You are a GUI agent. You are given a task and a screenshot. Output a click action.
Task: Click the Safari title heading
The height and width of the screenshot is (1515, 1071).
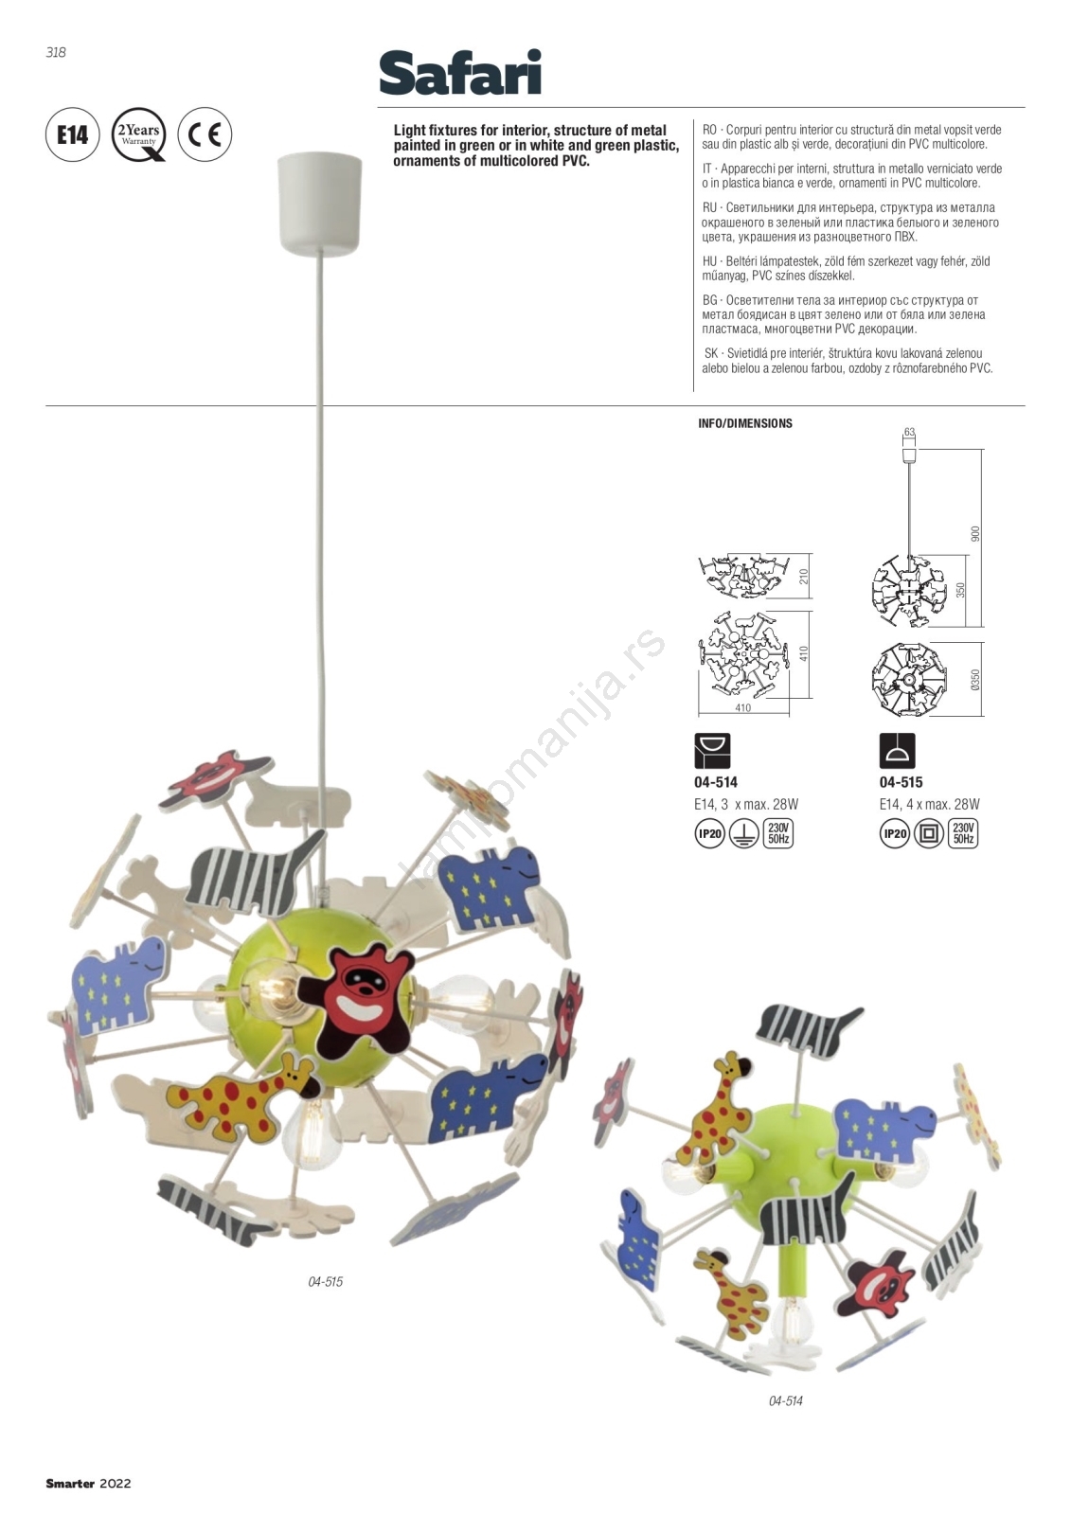coord(460,72)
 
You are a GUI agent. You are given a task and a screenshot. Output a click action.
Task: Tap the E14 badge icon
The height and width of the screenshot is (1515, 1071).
coord(72,134)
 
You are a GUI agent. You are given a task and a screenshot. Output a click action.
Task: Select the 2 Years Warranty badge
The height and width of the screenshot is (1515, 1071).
coord(138,134)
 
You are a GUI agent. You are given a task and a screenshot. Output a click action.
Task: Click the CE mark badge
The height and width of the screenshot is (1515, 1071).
coord(205,134)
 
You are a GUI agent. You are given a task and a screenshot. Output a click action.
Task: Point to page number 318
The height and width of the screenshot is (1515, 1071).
coord(56,52)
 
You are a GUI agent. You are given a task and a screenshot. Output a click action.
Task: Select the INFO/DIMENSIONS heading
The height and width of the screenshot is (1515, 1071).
coord(745,423)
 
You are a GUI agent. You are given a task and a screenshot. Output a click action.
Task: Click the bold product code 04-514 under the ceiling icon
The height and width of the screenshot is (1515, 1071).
coord(716,782)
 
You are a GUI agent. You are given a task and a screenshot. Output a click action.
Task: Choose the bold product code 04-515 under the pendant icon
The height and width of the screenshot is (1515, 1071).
coord(901,782)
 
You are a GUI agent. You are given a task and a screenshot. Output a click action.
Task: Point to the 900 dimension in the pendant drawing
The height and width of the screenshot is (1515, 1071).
coord(975,534)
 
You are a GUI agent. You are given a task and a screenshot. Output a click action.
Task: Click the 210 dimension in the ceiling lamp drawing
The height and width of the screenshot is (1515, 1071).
coord(803,577)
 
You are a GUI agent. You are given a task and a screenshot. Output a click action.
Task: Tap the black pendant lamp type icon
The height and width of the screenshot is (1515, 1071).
coord(897,751)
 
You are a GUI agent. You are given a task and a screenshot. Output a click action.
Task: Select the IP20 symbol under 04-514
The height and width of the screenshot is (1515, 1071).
coord(709,834)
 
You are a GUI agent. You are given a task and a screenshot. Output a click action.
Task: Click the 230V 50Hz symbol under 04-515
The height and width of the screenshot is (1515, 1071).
coord(963,834)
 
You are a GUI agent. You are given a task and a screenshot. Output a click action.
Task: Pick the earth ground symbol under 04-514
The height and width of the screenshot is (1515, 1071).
coord(743,834)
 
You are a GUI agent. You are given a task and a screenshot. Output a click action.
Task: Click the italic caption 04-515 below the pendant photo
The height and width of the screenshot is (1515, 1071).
coord(326,1282)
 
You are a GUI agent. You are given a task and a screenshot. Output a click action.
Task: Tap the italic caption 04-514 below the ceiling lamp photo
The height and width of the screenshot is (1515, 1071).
coord(785,1400)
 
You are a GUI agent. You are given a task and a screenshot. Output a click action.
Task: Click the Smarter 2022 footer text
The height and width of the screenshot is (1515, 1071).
coord(89,1484)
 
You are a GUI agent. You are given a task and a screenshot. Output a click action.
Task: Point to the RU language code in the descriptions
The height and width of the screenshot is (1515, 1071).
coord(709,207)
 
